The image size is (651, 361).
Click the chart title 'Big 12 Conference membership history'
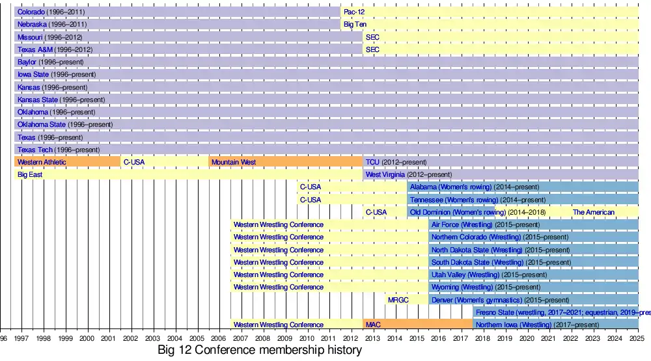coord(259,351)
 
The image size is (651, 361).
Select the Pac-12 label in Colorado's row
coord(354,12)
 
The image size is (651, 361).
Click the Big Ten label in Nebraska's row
coord(355,25)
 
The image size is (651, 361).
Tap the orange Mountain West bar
coord(285,162)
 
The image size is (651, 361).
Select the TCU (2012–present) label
coord(396,162)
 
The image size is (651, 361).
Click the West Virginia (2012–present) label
coord(408,175)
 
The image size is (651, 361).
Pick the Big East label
coord(30,175)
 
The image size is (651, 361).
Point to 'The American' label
coord(593,213)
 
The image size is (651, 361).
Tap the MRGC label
coord(398,300)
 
